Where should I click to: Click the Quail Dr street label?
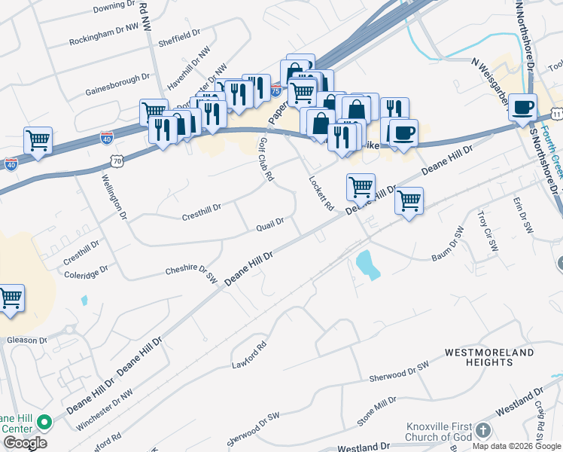coord(270,223)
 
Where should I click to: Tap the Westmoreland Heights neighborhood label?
coord(479,357)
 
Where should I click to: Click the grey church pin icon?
coord(482,430)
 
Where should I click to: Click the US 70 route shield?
coord(115,160)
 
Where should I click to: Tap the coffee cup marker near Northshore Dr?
coord(522,106)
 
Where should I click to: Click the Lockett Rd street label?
coord(321,194)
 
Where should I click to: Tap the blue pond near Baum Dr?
coord(367,264)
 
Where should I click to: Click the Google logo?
coord(25,443)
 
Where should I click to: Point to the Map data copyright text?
coord(516,446)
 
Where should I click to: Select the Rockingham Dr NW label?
coord(104,36)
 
